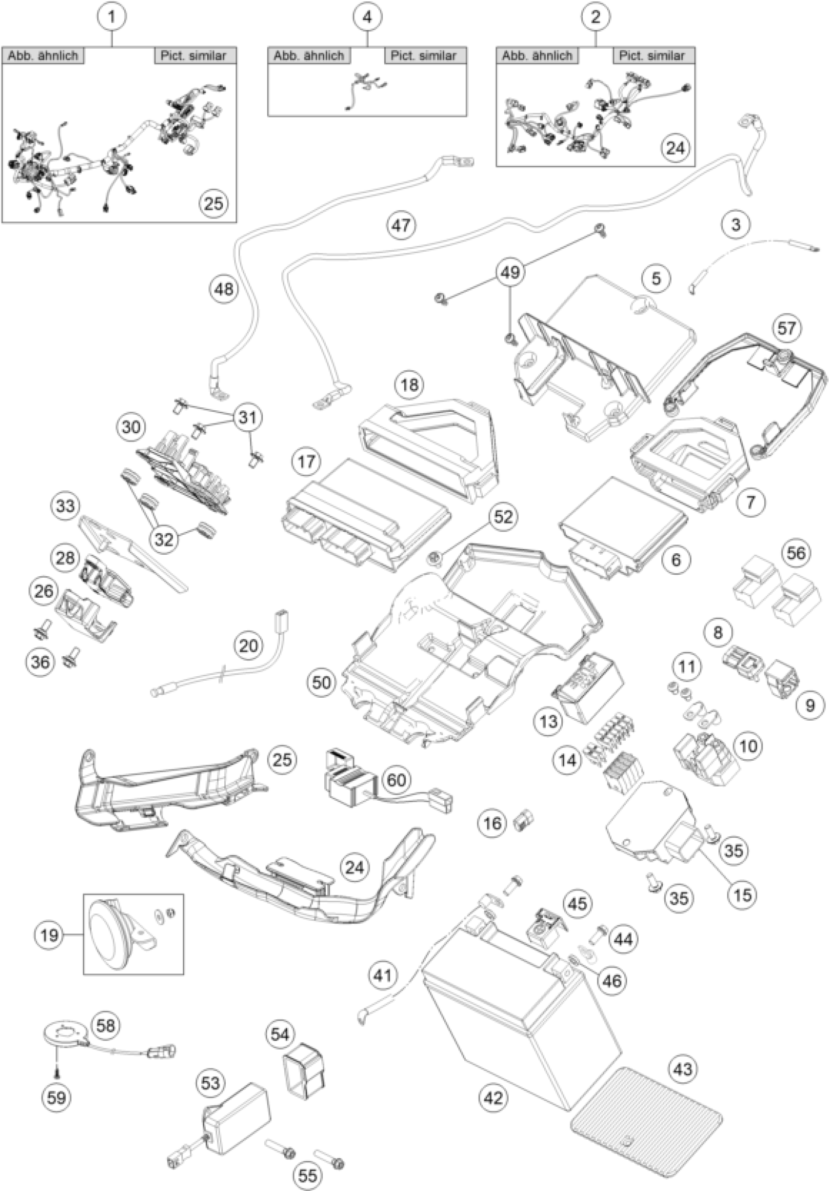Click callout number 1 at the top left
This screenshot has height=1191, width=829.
click(x=111, y=17)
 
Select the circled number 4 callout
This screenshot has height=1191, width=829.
click(x=367, y=17)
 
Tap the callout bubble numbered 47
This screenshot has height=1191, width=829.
click(x=401, y=225)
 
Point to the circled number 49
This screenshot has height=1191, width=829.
click(x=510, y=271)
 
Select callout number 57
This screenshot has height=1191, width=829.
click(x=786, y=328)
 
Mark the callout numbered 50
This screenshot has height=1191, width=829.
click(x=321, y=682)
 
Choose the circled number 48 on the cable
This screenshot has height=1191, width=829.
click(x=224, y=289)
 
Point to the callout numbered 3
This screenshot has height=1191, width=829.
click(x=735, y=224)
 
